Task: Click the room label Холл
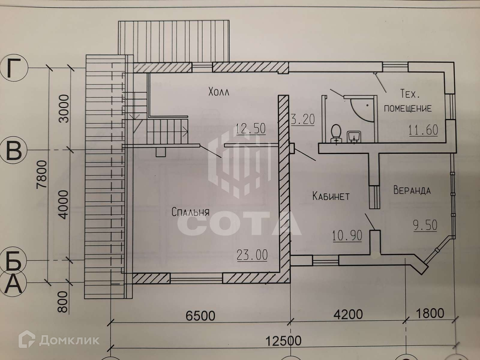tap(219, 92)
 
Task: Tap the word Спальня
tap(190, 212)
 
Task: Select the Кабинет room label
tap(331, 196)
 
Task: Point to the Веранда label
tap(412, 190)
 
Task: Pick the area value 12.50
tap(251, 129)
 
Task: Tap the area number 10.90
tap(347, 235)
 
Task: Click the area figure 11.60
tap(423, 130)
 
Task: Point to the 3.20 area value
tap(303, 120)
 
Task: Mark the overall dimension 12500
tap(283, 340)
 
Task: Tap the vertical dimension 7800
tap(42, 178)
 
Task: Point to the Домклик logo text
tap(69, 340)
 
